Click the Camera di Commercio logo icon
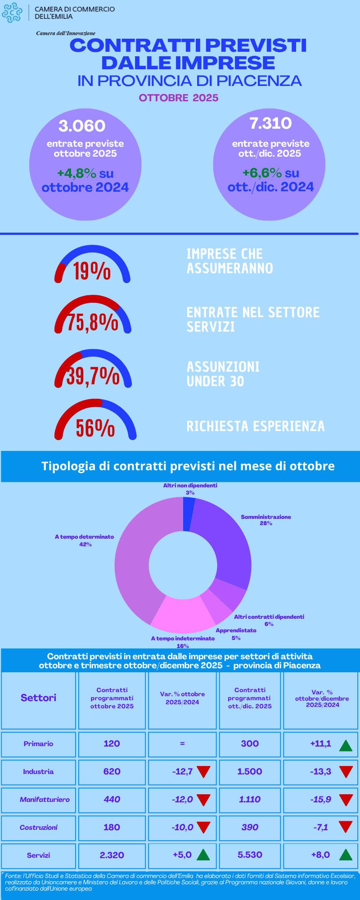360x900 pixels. [12, 13]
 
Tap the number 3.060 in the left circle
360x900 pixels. [82, 126]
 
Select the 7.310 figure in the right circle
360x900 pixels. [270, 123]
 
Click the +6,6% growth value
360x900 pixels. [262, 173]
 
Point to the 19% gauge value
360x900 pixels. [92, 271]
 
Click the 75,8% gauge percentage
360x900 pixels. [93, 323]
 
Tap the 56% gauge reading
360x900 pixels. [95, 428]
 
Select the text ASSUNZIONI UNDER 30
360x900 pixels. [223, 374]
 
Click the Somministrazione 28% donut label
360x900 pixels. [266, 520]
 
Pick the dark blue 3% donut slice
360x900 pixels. [189, 513]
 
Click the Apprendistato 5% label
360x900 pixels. [236, 634]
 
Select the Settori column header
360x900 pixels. [39, 697]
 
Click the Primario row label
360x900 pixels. [38, 744]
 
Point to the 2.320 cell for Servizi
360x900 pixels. [112, 855]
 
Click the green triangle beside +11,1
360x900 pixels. [345, 745]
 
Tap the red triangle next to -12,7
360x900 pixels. [203, 772]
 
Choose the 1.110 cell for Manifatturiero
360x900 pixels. [250, 799]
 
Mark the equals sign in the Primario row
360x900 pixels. [182, 743]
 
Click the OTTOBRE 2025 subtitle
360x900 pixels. [179, 98]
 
